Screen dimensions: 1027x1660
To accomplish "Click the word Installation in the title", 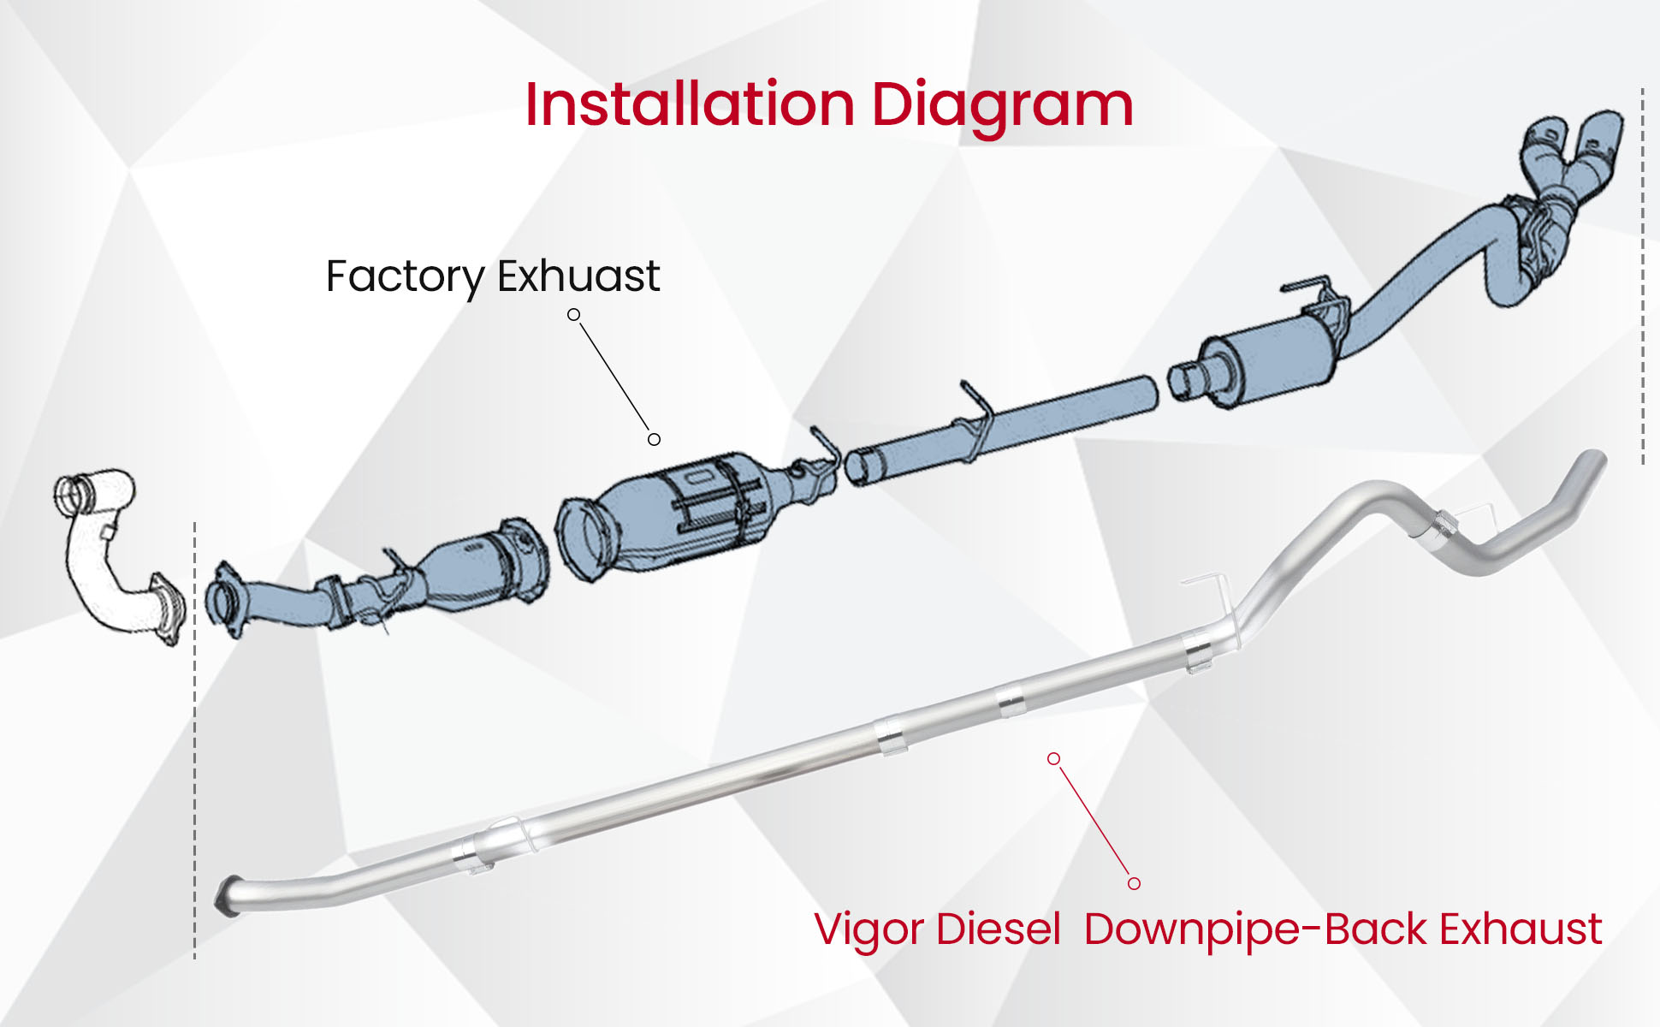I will [x=690, y=104].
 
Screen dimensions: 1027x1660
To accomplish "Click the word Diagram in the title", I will [x=1002, y=106].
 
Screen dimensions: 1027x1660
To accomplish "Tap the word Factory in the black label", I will [x=405, y=276].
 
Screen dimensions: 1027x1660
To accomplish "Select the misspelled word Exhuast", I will [x=578, y=276].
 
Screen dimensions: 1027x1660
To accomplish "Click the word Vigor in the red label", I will [x=868, y=930].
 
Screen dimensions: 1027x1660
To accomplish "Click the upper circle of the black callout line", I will [x=574, y=315].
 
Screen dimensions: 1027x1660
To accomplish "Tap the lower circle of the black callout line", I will [x=654, y=439].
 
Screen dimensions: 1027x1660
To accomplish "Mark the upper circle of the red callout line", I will [x=1054, y=758].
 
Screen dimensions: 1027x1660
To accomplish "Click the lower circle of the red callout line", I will [x=1134, y=883].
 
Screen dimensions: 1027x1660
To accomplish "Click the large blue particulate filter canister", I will [x=676, y=513].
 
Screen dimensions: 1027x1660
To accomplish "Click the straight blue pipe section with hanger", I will [x=1010, y=424].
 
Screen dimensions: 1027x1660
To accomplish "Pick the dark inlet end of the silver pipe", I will [x=227, y=894].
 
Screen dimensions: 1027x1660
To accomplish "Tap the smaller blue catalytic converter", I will [x=479, y=569].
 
